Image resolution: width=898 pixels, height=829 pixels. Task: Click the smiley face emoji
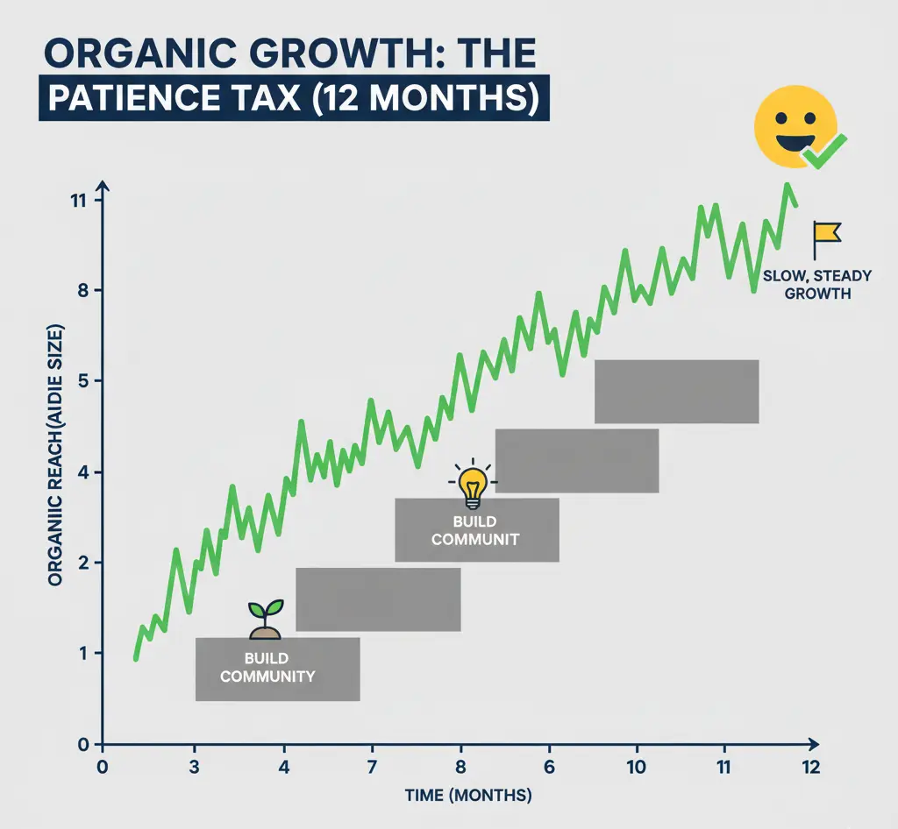(795, 126)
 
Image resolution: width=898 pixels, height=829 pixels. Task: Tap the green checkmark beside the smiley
(825, 152)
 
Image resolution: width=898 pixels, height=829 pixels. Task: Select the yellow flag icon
(825, 235)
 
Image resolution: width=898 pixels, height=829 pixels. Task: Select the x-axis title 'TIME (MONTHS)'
(467, 796)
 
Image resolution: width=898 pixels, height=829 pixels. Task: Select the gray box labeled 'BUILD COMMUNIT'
(476, 529)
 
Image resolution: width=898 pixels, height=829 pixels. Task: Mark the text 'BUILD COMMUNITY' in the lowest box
(267, 668)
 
